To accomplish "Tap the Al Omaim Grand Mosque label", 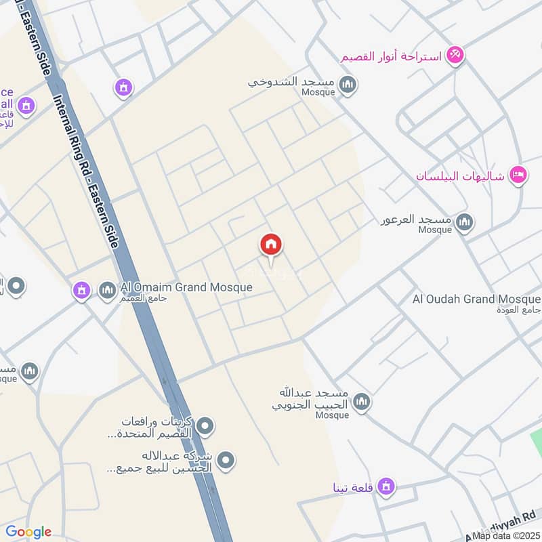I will [186, 287].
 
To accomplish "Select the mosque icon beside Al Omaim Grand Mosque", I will [107, 291].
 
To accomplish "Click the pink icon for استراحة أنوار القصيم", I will [455, 56].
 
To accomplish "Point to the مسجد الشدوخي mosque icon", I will [348, 85].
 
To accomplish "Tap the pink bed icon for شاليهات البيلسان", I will [518, 175].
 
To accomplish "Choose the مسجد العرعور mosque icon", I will [464, 222].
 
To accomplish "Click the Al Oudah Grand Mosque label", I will [477, 299].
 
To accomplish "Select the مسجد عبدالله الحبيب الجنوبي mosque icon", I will [362, 402].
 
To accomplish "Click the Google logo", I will [28, 532].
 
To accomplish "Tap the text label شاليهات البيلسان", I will [461, 175].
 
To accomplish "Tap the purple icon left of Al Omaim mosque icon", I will [82, 291].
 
